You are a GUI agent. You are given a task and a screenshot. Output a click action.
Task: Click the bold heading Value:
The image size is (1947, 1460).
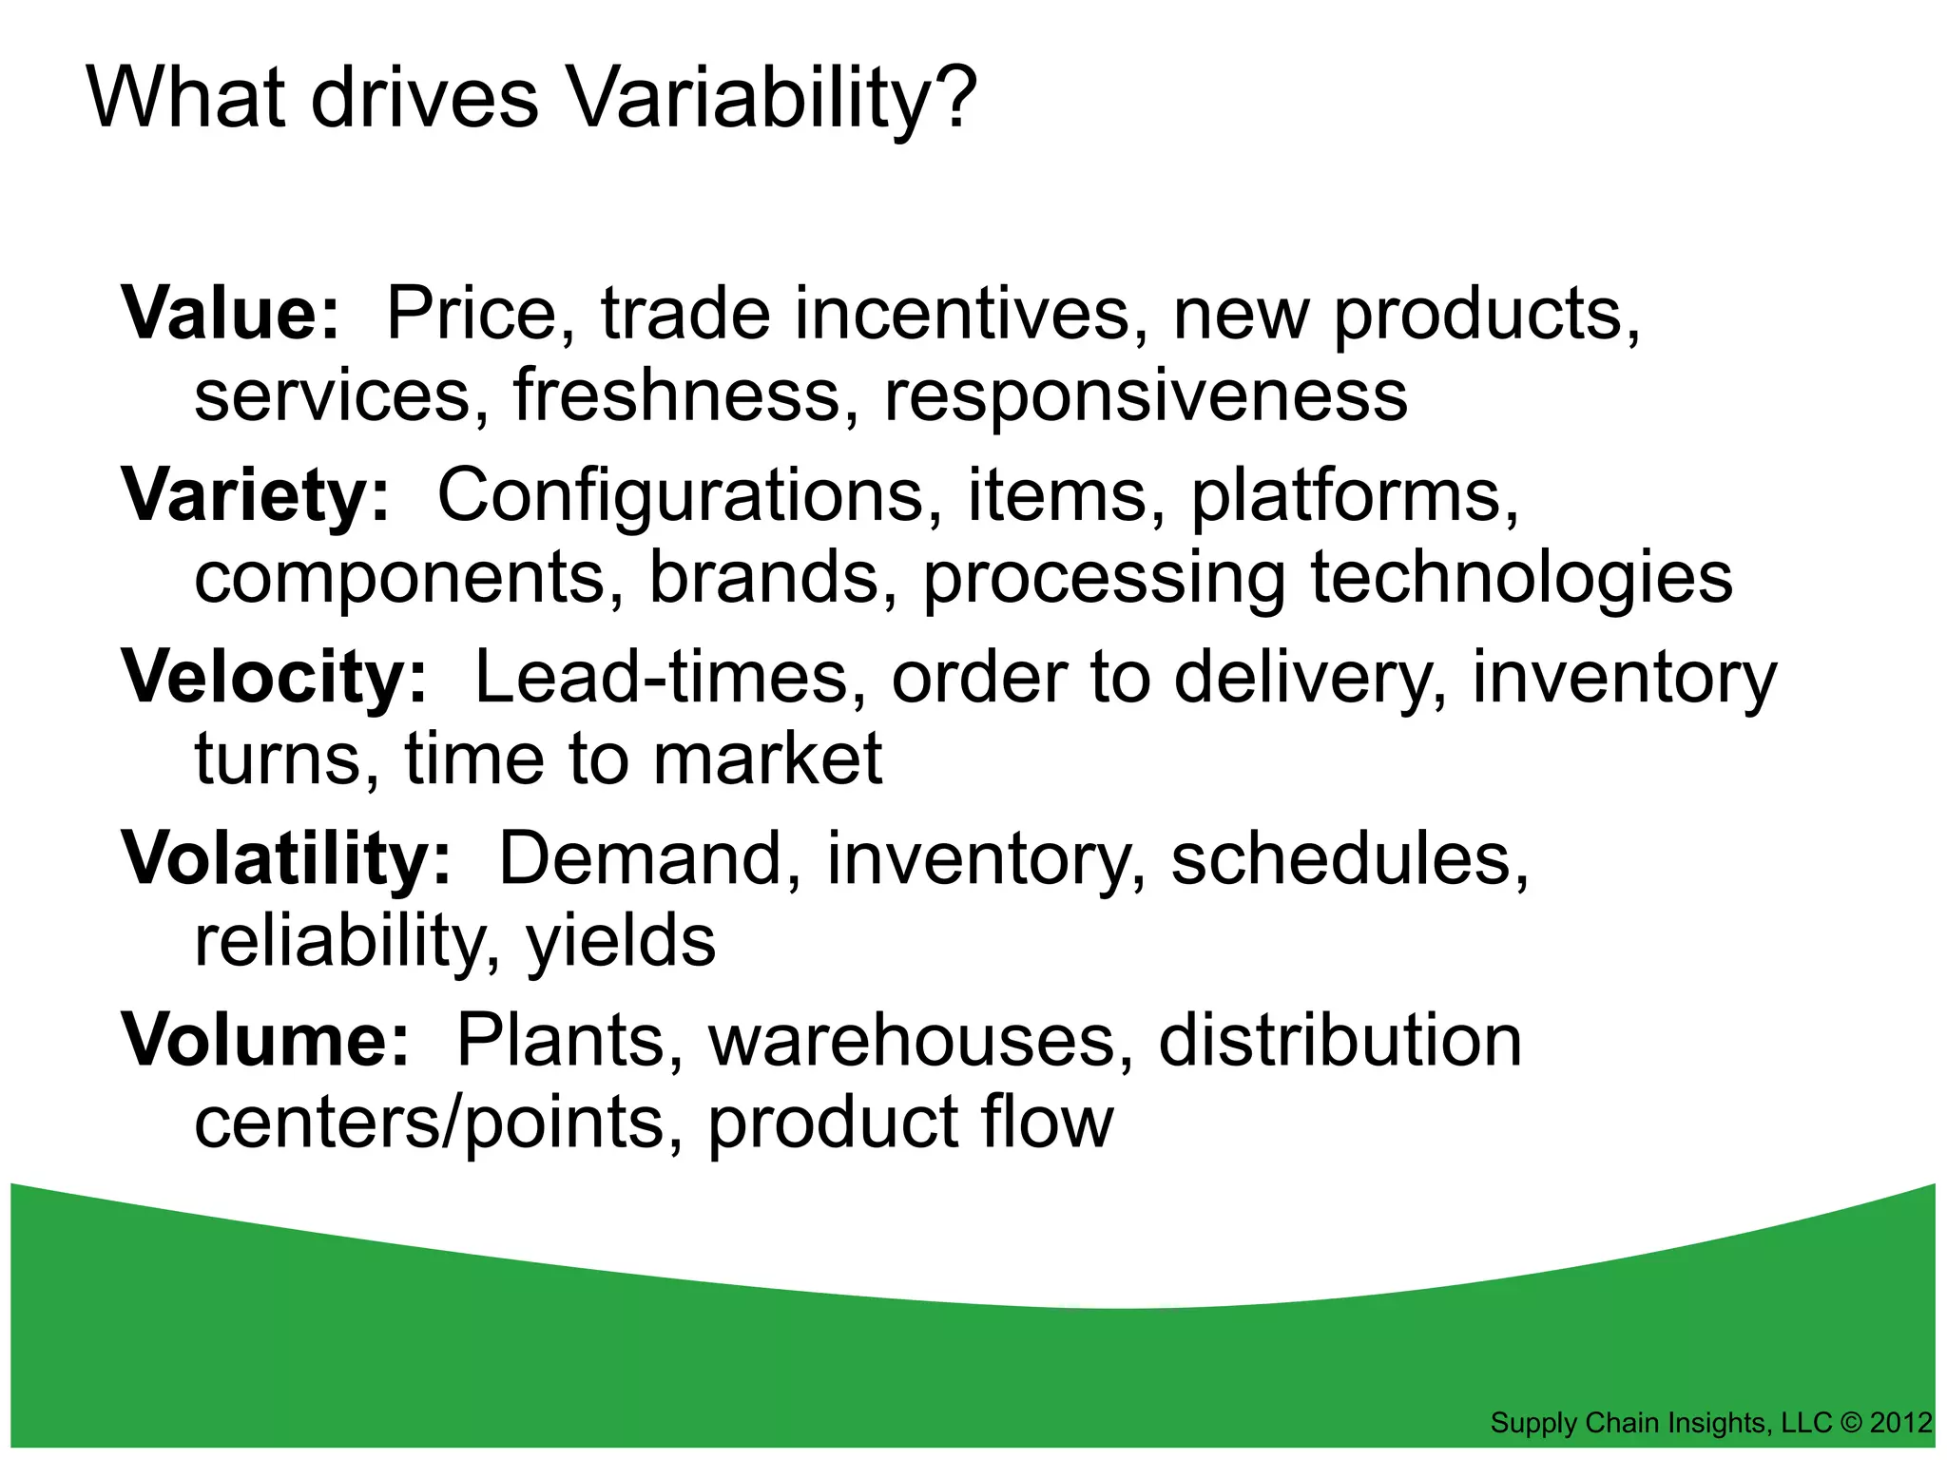pyautogui.click(x=230, y=314)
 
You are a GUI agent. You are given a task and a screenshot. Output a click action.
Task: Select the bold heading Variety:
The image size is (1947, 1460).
pyautogui.click(x=255, y=496)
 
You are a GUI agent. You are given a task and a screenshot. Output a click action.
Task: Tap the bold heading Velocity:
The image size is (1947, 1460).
pyautogui.click(x=275, y=678)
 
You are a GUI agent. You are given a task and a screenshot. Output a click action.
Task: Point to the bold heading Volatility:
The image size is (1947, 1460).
pyautogui.click(x=286, y=859)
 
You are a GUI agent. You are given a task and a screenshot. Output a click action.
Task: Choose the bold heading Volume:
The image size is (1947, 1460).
pyautogui.click(x=265, y=1041)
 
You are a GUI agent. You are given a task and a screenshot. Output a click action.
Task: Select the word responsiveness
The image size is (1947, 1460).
pyautogui.click(x=1146, y=395)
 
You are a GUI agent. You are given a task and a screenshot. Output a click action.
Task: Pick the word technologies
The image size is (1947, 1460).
pyautogui.click(x=1521, y=578)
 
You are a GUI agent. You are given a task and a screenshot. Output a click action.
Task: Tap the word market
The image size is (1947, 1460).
pyautogui.click(x=767, y=759)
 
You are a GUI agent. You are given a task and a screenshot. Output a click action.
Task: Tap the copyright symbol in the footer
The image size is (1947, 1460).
pyautogui.click(x=1851, y=1423)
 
